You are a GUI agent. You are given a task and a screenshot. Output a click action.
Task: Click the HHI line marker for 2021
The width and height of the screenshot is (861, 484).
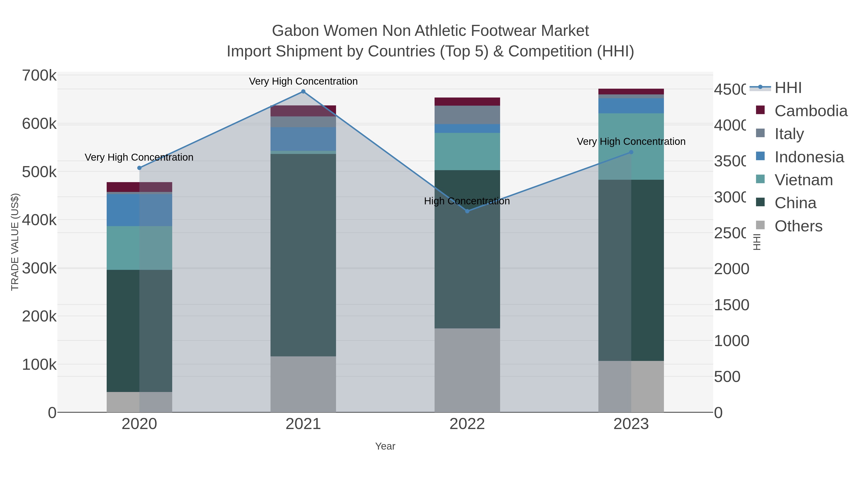tap(303, 92)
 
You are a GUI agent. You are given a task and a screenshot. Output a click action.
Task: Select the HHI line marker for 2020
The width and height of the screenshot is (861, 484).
tap(139, 168)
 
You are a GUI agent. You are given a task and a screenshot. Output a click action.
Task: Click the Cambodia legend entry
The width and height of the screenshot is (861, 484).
tap(811, 111)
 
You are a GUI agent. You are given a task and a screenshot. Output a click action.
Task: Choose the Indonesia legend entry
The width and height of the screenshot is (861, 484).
tap(809, 157)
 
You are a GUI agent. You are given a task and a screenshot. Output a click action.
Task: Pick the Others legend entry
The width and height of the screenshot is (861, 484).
tap(798, 226)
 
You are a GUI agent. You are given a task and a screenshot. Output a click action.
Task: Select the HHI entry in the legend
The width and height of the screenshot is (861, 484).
tap(788, 88)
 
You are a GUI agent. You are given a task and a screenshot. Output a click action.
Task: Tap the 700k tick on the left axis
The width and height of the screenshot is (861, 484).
tap(39, 76)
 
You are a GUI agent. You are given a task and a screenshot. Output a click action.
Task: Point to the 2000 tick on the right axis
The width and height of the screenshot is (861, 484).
tap(731, 269)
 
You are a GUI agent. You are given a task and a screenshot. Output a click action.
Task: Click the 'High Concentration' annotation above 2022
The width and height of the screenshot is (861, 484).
tap(467, 201)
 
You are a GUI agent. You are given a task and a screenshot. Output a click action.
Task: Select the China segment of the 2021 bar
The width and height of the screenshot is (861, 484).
tap(303, 255)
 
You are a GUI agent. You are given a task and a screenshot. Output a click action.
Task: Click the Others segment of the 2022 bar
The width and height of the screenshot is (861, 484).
tap(467, 370)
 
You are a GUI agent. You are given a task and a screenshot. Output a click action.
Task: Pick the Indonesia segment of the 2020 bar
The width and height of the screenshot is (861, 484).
tap(139, 210)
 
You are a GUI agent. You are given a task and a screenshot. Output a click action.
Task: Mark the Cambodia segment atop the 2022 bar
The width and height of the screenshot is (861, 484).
tap(467, 102)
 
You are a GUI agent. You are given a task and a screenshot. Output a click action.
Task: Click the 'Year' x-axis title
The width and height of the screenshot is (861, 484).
tap(385, 446)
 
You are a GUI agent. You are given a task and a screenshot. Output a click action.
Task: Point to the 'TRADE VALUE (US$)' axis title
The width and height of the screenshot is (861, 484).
tap(15, 242)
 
